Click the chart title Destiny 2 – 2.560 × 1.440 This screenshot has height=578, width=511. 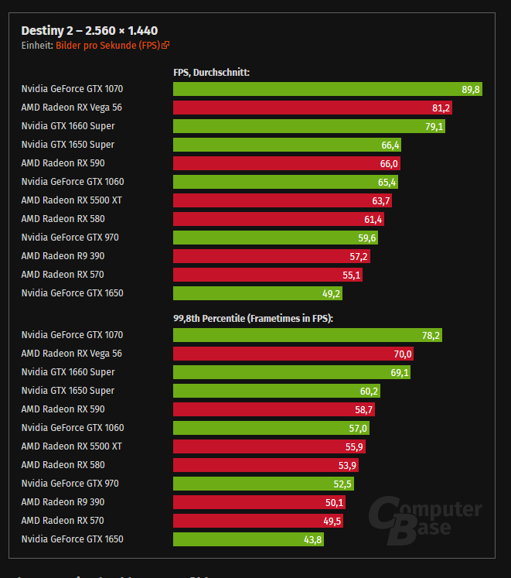[89, 31]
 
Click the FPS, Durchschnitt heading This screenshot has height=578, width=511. [211, 73]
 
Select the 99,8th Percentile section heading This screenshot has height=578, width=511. [253, 318]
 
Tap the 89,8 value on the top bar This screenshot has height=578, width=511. [471, 89]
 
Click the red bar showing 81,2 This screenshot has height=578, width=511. [312, 108]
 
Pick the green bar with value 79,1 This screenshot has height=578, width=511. [309, 126]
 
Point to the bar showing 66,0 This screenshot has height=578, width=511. [286, 163]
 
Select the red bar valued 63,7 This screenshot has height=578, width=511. [282, 200]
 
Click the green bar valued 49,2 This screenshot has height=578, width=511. [257, 293]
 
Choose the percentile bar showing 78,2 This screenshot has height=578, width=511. [308, 335]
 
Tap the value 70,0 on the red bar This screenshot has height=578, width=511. [403, 354]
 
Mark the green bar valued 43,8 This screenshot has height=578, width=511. [248, 539]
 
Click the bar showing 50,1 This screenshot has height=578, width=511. [259, 502]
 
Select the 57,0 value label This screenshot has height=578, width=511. [358, 428]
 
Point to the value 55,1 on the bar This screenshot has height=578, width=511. [351, 275]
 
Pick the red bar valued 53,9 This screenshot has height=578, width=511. [265, 465]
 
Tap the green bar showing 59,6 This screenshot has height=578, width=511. [275, 238]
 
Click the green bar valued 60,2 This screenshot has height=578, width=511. [276, 391]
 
